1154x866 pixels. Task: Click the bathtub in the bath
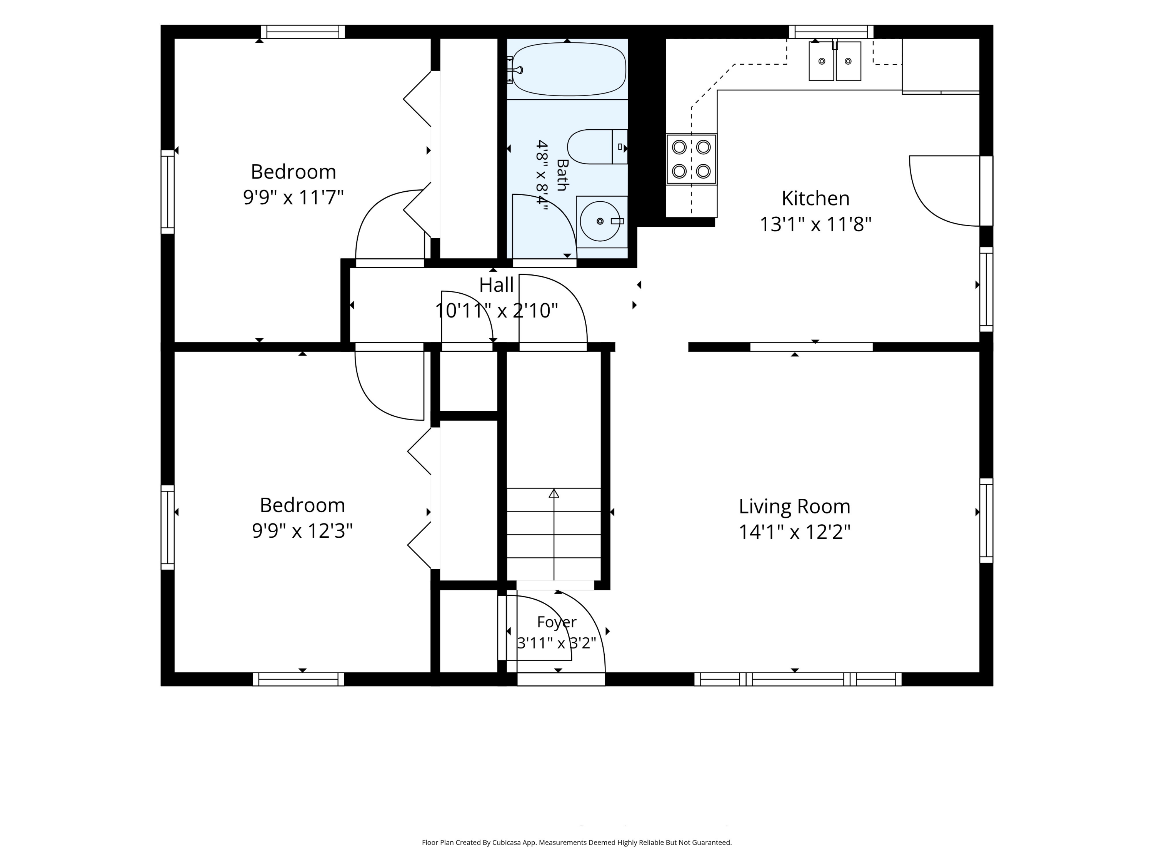569,69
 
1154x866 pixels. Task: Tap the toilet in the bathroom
597,147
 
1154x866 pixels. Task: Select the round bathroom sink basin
600,221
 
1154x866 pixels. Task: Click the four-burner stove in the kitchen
691,159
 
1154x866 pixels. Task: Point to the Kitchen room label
815,198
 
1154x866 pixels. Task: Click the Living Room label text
795,507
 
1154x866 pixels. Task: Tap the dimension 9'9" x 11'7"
293,198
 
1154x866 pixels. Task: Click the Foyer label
557,622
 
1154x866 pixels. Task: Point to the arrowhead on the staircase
554,493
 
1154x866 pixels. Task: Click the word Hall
496,285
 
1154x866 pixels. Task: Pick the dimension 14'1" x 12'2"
795,532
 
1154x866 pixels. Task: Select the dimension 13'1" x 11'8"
815,224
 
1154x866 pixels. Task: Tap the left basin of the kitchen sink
821,62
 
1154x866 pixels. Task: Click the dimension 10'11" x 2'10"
496,311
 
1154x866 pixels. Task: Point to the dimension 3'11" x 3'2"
557,643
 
